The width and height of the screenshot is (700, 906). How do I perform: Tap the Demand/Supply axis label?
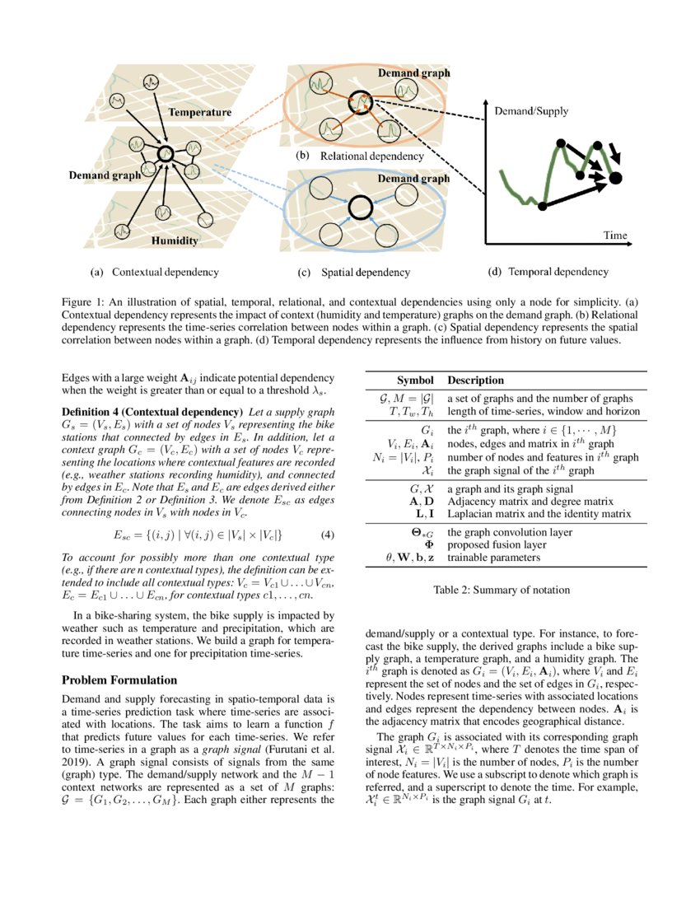click(x=531, y=110)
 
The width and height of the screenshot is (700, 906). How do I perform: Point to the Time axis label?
click(x=615, y=236)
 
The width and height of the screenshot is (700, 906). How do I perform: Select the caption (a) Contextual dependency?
click(x=155, y=271)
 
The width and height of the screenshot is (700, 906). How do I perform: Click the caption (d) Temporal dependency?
click(x=548, y=271)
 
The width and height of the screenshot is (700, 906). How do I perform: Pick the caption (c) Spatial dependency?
click(x=353, y=272)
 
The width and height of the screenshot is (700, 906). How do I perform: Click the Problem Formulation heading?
click(x=119, y=679)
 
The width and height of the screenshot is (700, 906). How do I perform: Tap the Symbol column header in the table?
click(x=415, y=381)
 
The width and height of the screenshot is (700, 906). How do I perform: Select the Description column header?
click(x=475, y=381)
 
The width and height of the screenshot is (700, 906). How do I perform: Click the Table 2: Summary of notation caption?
click(x=501, y=590)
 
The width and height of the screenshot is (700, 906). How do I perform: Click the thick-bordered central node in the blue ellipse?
click(x=359, y=208)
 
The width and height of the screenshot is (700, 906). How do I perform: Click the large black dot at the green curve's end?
click(x=616, y=177)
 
